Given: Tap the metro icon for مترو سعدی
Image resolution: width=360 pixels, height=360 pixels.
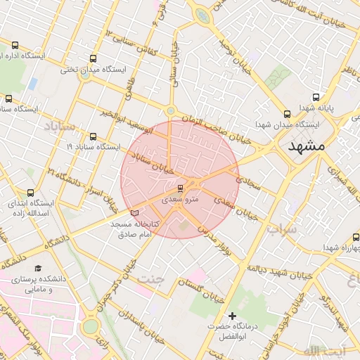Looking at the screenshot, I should coord(181,188).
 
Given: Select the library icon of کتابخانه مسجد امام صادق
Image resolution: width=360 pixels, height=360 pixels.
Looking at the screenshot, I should coord(136,212).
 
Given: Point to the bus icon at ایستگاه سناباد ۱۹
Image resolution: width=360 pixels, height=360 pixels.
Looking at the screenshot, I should coord(94,136).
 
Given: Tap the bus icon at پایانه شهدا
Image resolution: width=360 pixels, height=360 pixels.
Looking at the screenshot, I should coord(316,97).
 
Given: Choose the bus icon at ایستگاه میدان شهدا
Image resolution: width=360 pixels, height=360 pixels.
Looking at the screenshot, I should coord(286,114).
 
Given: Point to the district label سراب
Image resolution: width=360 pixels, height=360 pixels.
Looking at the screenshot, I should coord(283,229).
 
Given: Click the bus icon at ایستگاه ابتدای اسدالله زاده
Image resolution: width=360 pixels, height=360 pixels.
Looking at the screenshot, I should coord(30,192).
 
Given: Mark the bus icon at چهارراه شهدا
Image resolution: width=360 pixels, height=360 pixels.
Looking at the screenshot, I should coord(354,238).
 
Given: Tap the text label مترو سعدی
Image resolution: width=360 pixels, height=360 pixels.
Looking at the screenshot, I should coord(181,200).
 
